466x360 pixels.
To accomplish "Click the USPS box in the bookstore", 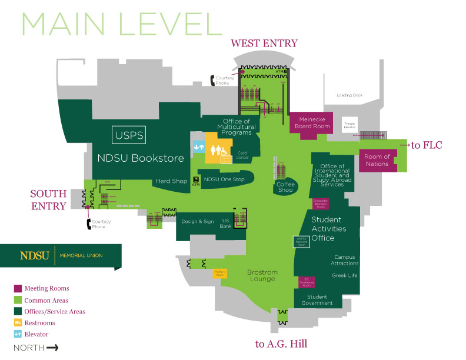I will [x=129, y=135].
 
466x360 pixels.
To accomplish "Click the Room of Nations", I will [x=377, y=160].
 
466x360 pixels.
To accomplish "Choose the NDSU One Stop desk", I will [x=224, y=179].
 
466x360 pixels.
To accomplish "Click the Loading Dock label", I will [x=349, y=95].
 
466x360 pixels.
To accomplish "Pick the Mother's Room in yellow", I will [x=219, y=274].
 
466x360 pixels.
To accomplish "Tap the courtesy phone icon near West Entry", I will [x=215, y=80].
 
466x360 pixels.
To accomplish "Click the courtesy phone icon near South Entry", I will [x=89, y=224].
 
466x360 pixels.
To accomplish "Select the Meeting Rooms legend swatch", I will [x=18, y=288].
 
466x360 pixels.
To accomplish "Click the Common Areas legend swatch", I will [x=18, y=300].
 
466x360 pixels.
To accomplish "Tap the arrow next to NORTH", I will [x=52, y=348].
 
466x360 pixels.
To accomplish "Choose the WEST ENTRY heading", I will [x=264, y=43].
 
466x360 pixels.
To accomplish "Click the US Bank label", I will [x=226, y=223].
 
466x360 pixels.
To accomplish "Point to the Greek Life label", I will [x=344, y=275].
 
